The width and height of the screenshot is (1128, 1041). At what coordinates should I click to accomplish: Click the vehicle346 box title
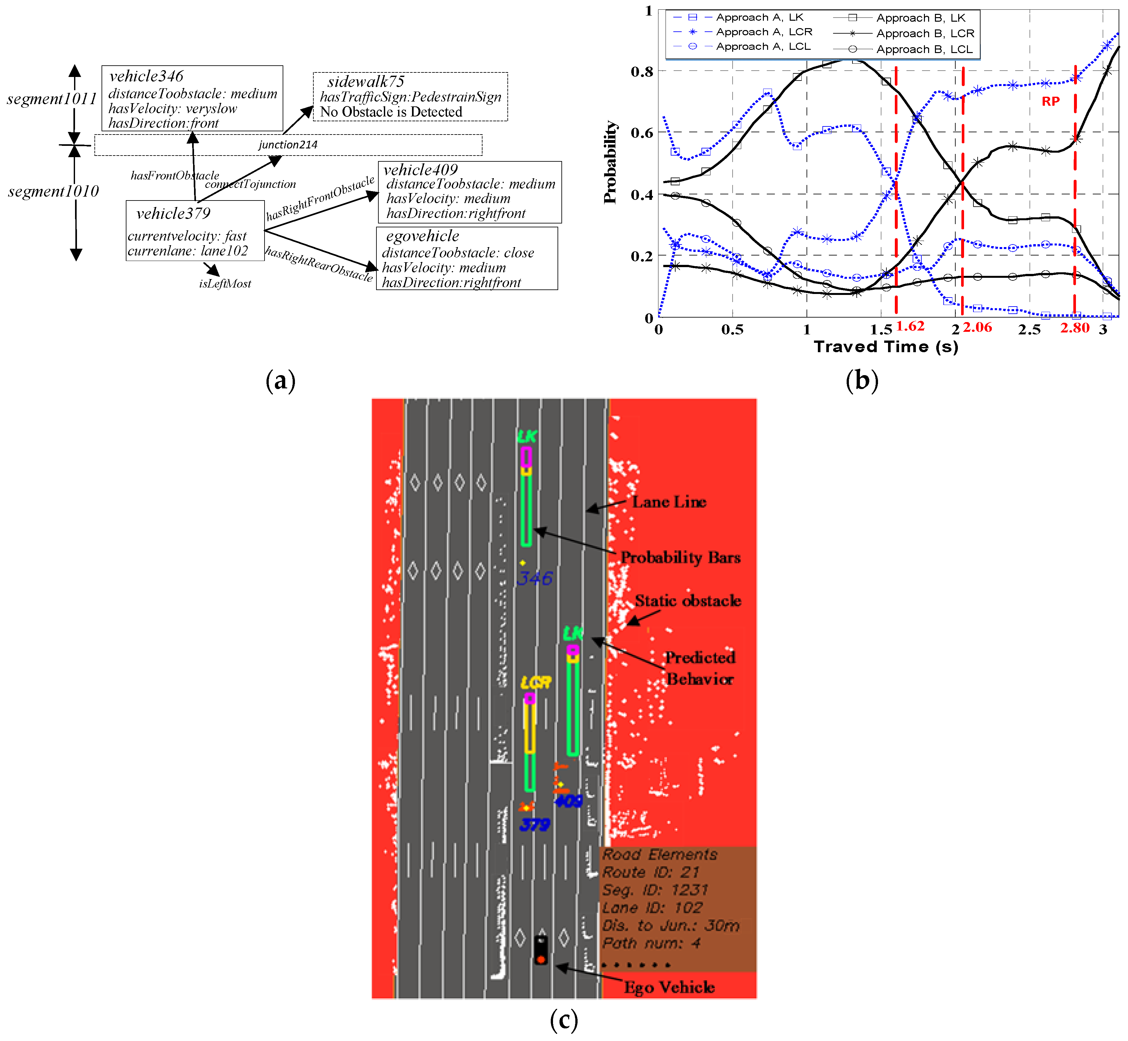point(146,76)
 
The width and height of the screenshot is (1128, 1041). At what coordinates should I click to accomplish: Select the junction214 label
point(288,145)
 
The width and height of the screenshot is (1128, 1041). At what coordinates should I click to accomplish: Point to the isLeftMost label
point(225,283)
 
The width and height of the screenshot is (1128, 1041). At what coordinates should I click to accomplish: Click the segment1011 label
point(52,99)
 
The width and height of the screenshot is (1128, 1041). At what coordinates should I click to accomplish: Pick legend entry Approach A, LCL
point(763,47)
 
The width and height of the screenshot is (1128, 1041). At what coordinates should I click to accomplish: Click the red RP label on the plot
point(1050,102)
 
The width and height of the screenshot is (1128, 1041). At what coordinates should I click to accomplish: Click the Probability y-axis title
point(610,162)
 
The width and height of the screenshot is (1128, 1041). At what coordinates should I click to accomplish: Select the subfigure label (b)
point(862,381)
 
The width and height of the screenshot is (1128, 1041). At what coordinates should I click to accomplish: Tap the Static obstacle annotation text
point(688,601)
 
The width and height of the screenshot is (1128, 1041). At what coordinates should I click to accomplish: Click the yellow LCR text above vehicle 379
point(535,683)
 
